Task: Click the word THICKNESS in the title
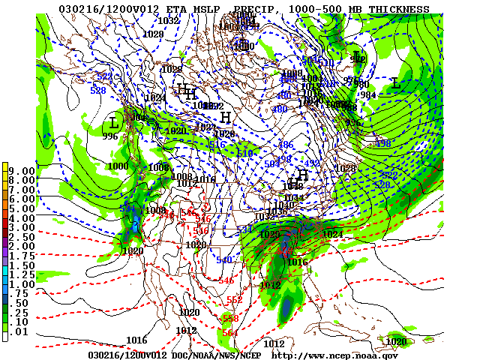(x=396, y=10)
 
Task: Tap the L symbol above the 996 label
(x=114, y=121)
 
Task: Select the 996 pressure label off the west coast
(x=111, y=136)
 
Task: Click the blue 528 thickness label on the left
(x=97, y=90)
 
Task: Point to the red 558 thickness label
(x=231, y=318)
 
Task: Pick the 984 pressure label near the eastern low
(x=368, y=94)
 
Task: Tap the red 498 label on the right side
(x=382, y=143)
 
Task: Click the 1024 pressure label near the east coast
(x=332, y=234)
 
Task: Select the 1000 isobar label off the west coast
(x=118, y=166)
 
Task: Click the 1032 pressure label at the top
(x=168, y=20)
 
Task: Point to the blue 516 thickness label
(x=217, y=144)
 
